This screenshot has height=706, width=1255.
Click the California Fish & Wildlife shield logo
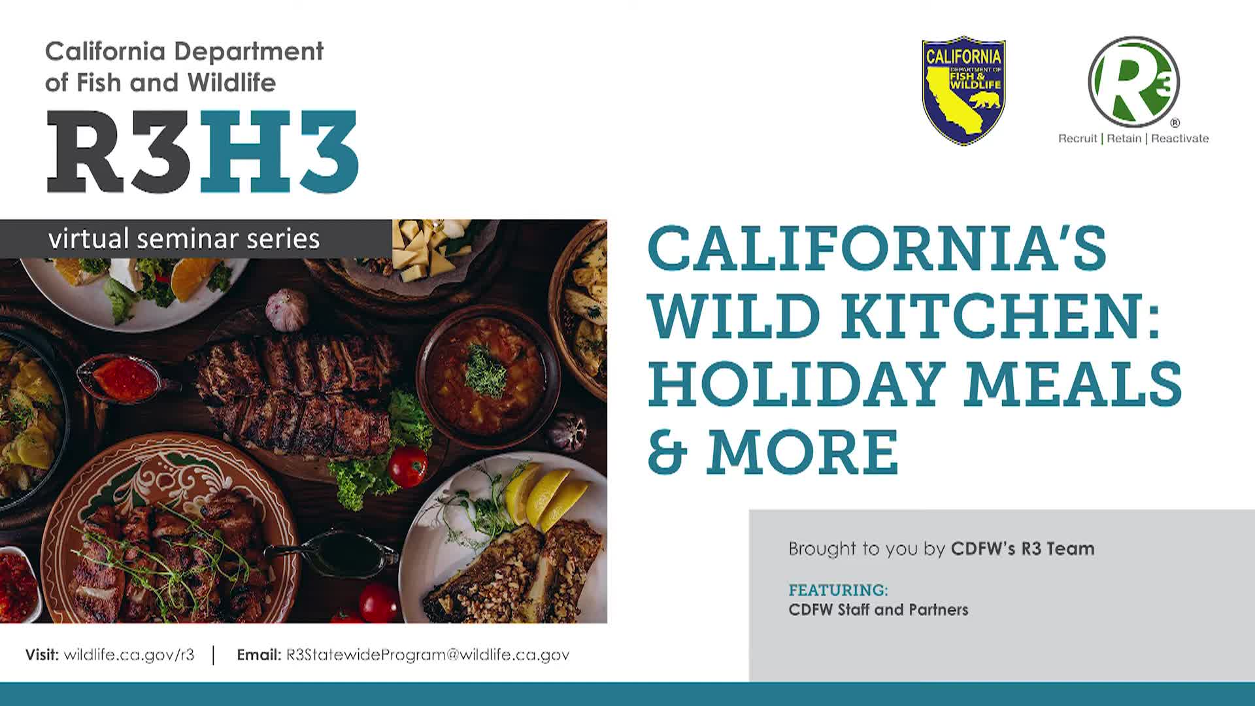[963, 90]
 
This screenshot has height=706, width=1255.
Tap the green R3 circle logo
[1134, 82]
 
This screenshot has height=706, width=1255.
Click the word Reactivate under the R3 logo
[1180, 139]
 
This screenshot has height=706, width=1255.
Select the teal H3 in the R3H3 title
[280, 151]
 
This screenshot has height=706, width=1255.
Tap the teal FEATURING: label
[838, 590]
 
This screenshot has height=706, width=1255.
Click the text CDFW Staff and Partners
[878, 610]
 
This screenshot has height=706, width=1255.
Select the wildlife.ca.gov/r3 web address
[129, 654]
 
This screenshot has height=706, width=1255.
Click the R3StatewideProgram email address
[427, 654]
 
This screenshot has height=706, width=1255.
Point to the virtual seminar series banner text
[184, 239]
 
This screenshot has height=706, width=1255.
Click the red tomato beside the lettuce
[408, 467]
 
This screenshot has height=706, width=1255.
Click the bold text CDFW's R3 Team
[1022, 548]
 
